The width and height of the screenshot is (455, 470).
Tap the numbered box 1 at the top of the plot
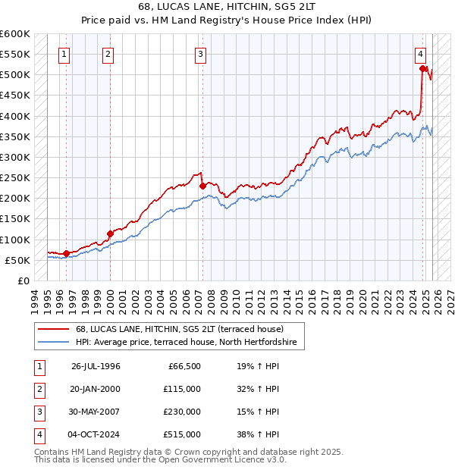pyautogui.click(x=65, y=54)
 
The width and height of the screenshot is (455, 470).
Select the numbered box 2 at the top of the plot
pyautogui.click(x=108, y=54)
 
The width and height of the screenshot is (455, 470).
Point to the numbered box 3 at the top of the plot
pyautogui.click(x=201, y=54)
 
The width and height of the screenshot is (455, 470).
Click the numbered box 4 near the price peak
pyautogui.click(x=420, y=54)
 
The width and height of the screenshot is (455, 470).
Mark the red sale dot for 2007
pyautogui.click(x=202, y=186)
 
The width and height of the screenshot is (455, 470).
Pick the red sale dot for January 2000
pyautogui.click(x=110, y=233)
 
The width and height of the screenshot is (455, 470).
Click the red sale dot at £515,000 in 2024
pyautogui.click(x=422, y=69)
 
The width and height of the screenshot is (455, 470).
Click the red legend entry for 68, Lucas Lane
pyautogui.click(x=179, y=329)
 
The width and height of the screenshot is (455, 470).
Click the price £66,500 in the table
pyautogui.click(x=182, y=366)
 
